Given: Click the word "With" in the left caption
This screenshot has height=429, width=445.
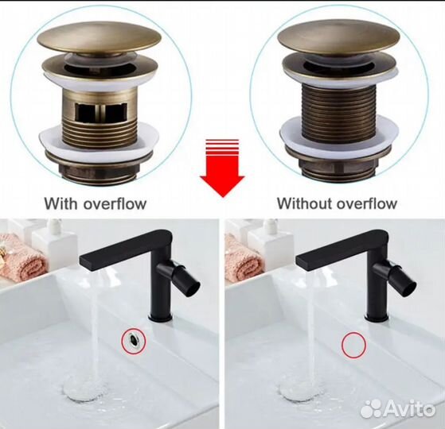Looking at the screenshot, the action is click(x=61, y=203).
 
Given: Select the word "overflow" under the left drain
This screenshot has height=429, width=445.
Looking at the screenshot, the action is click(x=115, y=203).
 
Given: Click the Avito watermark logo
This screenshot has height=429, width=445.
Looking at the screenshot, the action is click(x=397, y=408).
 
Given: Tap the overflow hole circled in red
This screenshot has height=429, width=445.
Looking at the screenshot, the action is click(x=133, y=338).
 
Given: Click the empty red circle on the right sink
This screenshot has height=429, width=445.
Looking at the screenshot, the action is click(x=353, y=345).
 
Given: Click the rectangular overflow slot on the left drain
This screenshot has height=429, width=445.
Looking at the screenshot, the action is click(x=100, y=112).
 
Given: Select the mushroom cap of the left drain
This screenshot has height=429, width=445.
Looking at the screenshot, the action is click(x=99, y=39).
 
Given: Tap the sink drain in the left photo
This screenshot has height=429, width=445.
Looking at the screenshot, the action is click(x=85, y=389).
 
